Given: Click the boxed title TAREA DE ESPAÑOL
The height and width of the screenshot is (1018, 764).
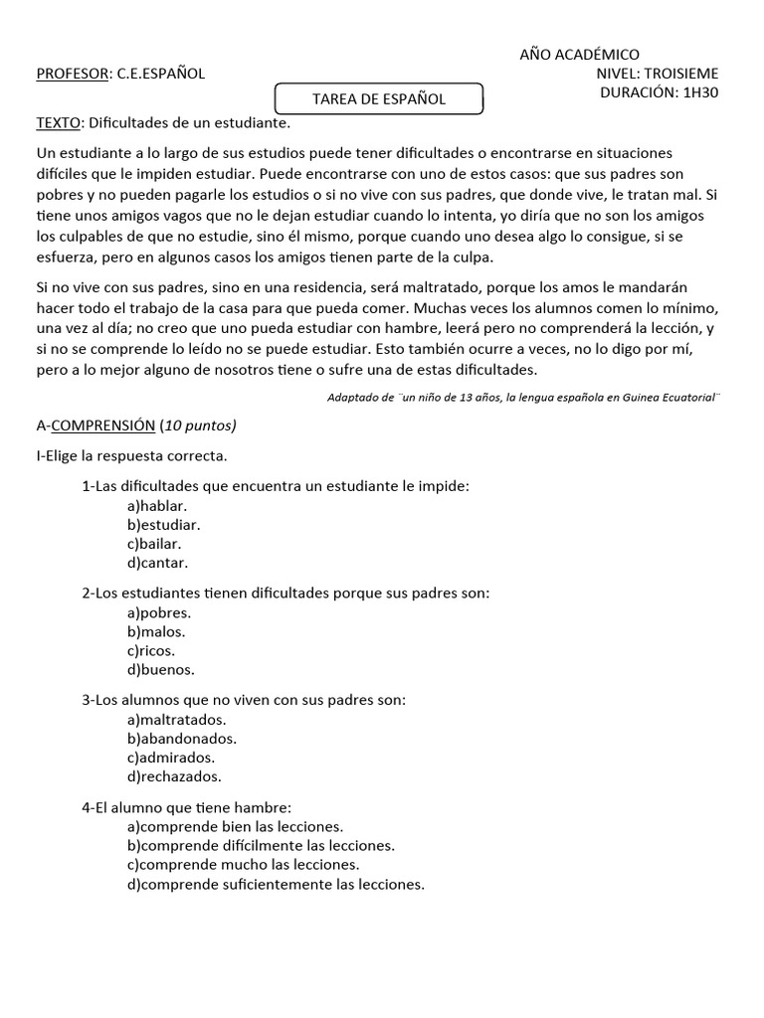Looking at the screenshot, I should point(379,99).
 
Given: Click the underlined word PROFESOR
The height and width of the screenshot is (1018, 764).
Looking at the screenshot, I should point(73,74).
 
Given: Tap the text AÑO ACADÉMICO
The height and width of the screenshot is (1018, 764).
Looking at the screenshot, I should point(580,55).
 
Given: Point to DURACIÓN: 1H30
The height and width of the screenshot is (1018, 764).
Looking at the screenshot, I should point(660,92).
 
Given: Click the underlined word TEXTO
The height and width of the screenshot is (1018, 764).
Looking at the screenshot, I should point(60,123).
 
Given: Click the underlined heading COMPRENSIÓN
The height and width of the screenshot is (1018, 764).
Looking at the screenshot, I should point(102,425).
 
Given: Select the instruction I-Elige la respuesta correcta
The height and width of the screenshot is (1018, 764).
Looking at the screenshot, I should point(132,456).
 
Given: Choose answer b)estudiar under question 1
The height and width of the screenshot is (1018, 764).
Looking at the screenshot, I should point(163,525).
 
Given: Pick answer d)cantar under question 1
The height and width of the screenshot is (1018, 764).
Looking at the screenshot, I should point(157,563).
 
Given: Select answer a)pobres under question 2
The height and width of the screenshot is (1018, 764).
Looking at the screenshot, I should point(158,612).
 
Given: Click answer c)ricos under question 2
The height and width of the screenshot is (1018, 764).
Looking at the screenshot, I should point(151,650).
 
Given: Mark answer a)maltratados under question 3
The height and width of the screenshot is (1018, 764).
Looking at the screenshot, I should point(177,719).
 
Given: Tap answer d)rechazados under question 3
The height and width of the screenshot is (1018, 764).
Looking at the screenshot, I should point(174,776).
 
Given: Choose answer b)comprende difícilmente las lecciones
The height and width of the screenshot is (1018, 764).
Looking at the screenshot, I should point(261,846).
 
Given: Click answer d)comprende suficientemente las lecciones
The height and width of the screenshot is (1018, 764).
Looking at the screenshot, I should point(276,884).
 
